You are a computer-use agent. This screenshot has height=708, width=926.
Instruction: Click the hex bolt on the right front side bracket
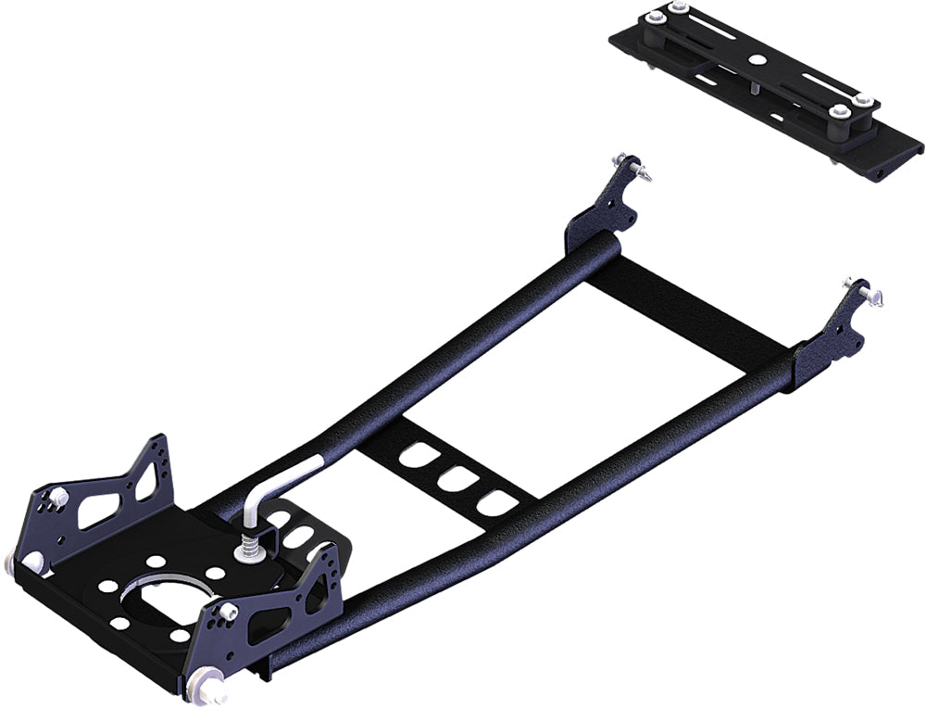point(225,613)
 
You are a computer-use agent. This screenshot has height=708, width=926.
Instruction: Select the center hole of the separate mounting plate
point(756,60)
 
